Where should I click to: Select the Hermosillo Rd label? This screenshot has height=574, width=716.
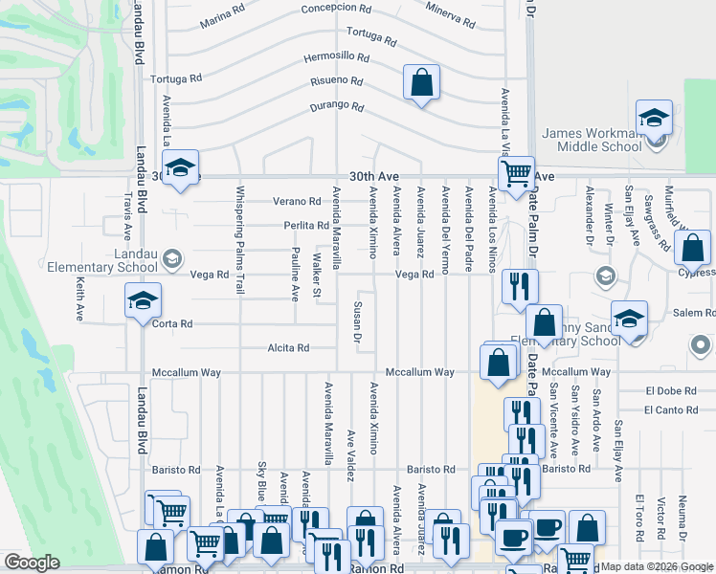coord(336,56)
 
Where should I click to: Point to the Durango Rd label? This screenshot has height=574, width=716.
coord(336,107)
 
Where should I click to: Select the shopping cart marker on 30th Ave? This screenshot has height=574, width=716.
coord(516,173)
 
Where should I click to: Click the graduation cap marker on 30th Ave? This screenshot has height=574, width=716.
coord(179,167)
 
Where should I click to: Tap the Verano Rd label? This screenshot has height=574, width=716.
coord(296,202)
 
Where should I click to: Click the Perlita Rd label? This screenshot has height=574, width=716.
coord(305,226)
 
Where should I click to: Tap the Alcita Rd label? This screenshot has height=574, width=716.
coord(288,348)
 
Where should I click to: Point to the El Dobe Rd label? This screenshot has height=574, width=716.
coord(670,390)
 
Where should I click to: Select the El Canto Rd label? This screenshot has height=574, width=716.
coord(670,410)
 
